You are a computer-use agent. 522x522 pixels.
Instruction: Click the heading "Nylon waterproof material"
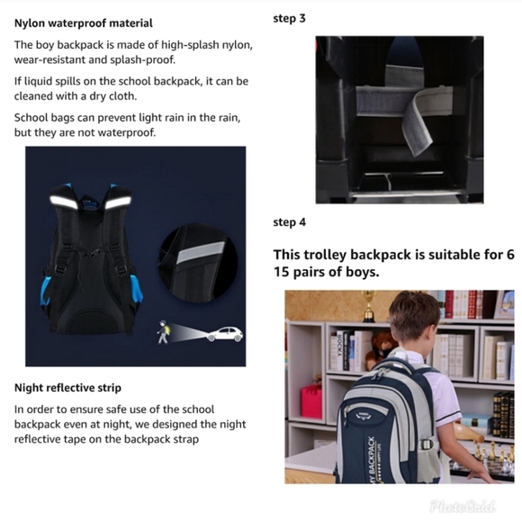[83, 23]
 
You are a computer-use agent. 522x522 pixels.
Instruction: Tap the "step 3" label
[289, 18]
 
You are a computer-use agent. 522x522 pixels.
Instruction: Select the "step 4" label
[289, 222]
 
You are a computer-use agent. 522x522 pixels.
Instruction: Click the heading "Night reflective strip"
[67, 388]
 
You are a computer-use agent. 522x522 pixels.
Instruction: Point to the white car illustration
[224, 334]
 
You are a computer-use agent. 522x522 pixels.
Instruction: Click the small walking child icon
[163, 332]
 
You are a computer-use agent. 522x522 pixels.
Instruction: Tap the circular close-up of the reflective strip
[198, 263]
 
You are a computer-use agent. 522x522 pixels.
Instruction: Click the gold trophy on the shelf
[368, 306]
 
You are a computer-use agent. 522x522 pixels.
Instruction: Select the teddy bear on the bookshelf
[380, 351]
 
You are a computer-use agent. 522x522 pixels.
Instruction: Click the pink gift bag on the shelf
[311, 401]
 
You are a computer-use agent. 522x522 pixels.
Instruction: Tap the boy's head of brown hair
[415, 316]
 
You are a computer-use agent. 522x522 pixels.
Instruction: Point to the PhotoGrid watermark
[462, 507]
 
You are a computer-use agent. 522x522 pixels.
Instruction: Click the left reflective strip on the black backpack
[63, 202]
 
